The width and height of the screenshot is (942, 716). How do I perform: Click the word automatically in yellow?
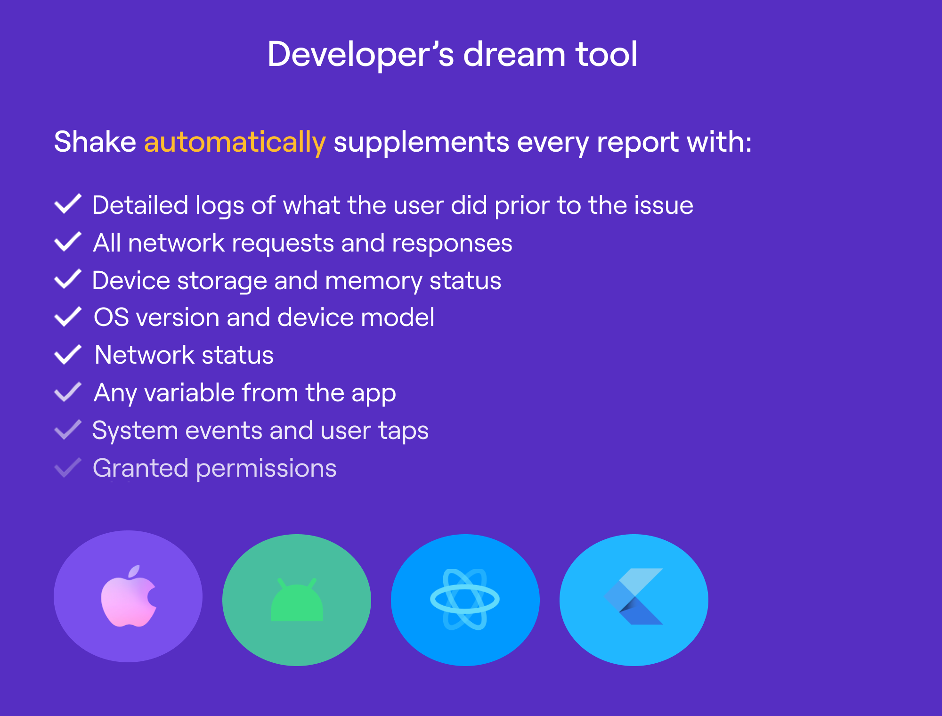pyautogui.click(x=235, y=142)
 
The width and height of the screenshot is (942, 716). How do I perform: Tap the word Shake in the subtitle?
pyautogui.click(x=95, y=142)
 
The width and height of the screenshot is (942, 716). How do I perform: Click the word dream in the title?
pyautogui.click(x=514, y=54)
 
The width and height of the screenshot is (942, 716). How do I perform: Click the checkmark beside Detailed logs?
pyautogui.click(x=68, y=204)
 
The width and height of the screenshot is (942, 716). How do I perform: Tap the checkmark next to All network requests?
pyautogui.click(x=68, y=242)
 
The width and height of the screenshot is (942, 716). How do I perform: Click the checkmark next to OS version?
pyautogui.click(x=68, y=317)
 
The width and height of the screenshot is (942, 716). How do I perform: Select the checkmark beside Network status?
pyautogui.click(x=68, y=354)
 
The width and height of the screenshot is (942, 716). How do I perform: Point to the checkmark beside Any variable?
pyautogui.click(x=68, y=392)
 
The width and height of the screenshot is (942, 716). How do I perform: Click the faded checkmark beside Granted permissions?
pyautogui.click(x=68, y=467)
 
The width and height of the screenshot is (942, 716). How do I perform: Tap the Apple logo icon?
pyautogui.click(x=129, y=596)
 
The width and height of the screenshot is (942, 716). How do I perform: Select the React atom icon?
pyautogui.click(x=465, y=599)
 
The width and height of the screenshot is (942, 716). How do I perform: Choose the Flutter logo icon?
pyautogui.click(x=633, y=596)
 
